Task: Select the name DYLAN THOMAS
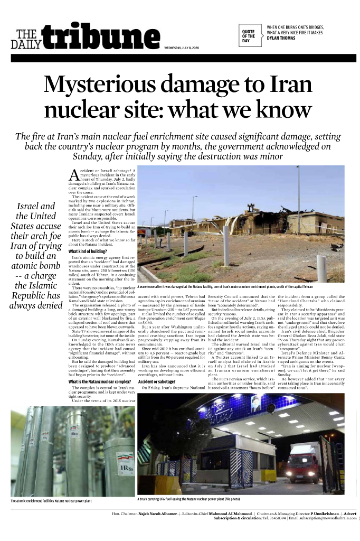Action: coord(281,38)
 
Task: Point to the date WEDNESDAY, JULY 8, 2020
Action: coord(182,49)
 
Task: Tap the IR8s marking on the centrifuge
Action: coord(126,469)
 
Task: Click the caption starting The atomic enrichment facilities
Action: coord(51,500)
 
